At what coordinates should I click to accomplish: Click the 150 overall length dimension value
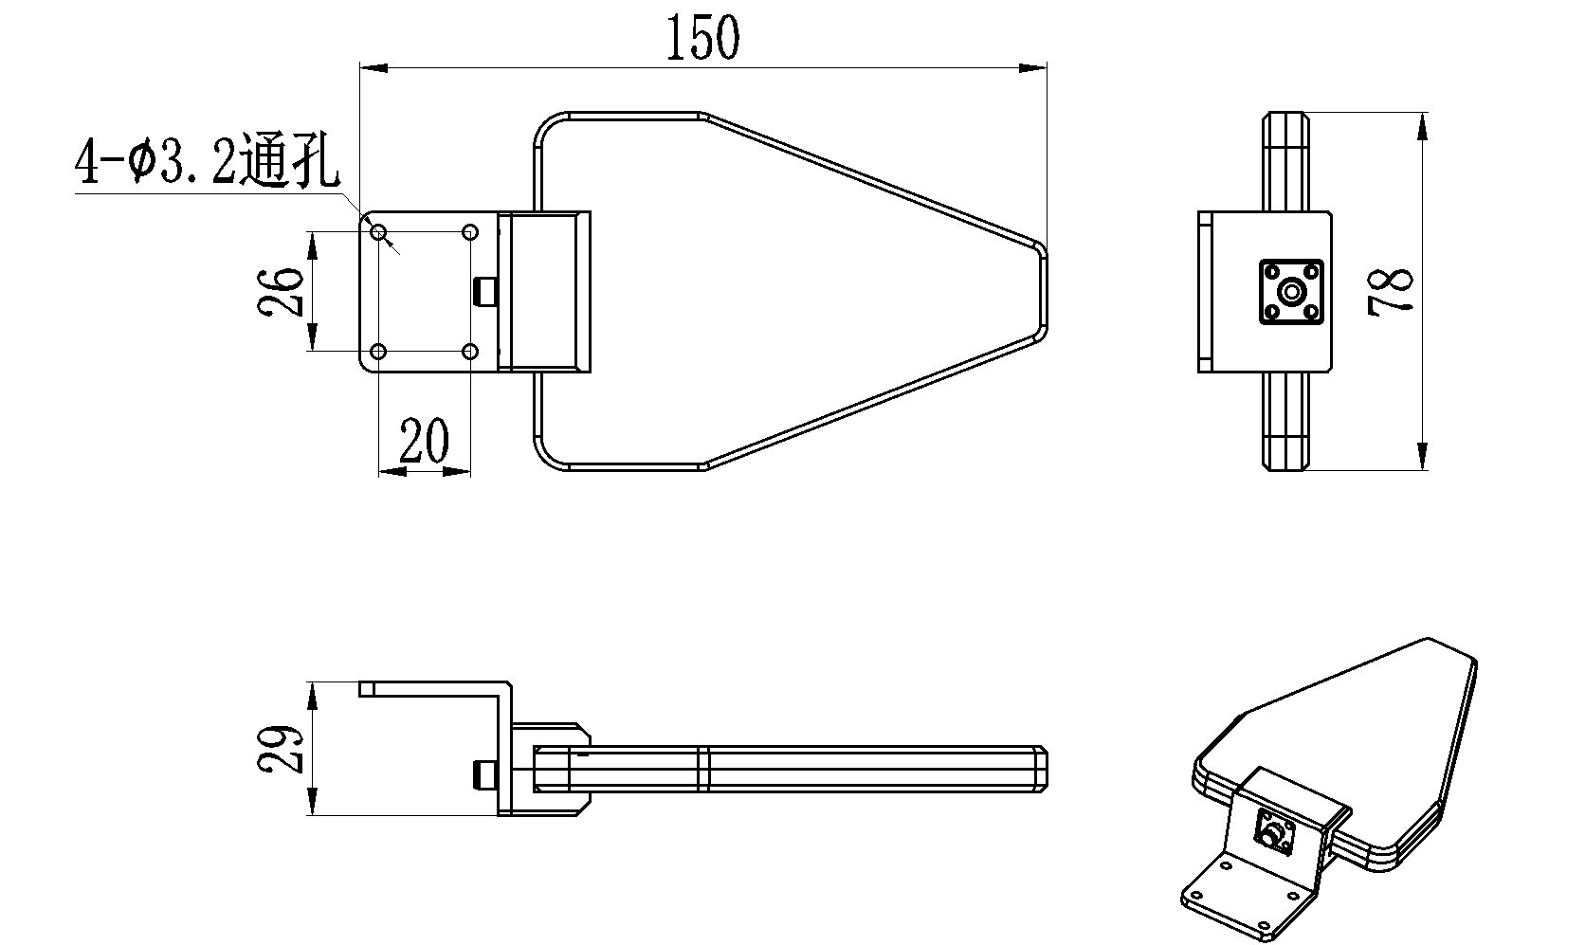703,37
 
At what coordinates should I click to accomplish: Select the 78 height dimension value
1391,291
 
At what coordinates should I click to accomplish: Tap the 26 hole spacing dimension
281,291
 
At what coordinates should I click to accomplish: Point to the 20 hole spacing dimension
425,440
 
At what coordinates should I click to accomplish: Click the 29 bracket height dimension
281,749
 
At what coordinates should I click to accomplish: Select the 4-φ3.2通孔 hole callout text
207,161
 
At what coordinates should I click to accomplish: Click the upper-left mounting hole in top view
378,232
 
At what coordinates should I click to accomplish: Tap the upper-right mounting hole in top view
470,232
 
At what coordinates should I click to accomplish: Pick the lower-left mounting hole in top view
378,352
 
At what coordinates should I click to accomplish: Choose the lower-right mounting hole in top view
470,352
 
